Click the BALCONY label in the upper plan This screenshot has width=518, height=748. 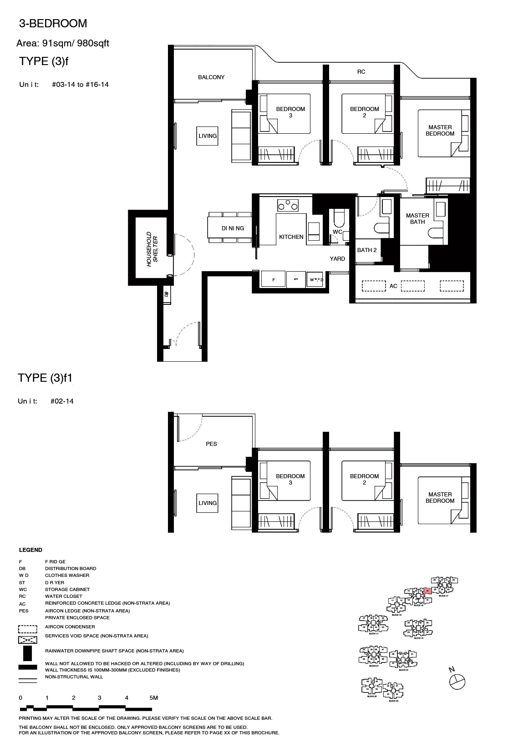(211, 77)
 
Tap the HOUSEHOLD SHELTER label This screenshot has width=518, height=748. (152, 249)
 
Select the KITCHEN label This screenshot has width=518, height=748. (291, 237)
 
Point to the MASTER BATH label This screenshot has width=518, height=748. (417, 219)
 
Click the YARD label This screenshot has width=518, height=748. (337, 259)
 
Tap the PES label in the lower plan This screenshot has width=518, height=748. (211, 444)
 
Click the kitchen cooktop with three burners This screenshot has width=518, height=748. (288, 206)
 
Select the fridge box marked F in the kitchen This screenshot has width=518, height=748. (274, 280)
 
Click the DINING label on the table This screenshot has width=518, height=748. (233, 228)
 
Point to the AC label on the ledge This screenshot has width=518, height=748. (393, 286)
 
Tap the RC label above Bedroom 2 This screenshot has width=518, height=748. (361, 72)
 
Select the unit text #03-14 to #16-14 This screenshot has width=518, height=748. (80, 85)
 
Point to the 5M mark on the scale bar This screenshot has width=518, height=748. (153, 698)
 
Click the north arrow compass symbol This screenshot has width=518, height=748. (457, 681)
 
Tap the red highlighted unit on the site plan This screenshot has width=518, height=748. (427, 591)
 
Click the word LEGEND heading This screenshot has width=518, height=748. (30, 550)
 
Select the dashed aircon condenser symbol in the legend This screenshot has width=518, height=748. (27, 629)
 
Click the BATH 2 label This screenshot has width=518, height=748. (367, 250)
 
